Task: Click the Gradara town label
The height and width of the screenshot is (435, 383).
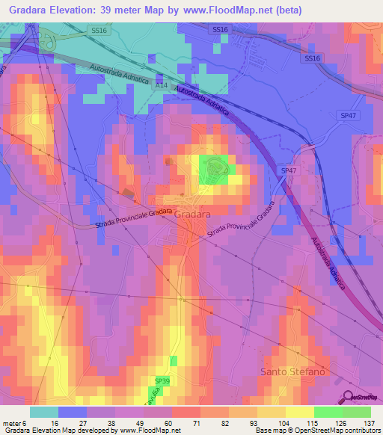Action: pyautogui.click(x=194, y=213)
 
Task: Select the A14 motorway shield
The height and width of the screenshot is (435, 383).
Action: pyautogui.click(x=161, y=87)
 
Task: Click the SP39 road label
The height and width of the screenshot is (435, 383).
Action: pyautogui.click(x=163, y=381)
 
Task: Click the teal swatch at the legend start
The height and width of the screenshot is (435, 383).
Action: pyautogui.click(x=44, y=412)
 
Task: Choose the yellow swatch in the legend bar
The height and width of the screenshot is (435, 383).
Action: pyautogui.click(x=299, y=412)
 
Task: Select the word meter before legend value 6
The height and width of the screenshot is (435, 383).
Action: pyautogui.click(x=12, y=422)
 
